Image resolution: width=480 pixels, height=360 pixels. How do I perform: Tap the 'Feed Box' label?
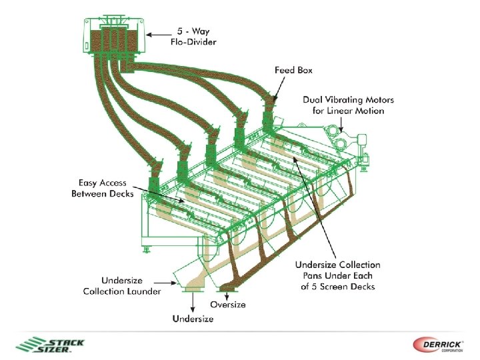[x=293, y=69]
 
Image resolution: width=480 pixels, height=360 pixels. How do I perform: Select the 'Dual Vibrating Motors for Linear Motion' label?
[x=349, y=105]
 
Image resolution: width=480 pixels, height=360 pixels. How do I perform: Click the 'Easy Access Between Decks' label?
[x=103, y=188]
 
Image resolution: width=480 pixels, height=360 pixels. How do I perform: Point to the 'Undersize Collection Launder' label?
[x=122, y=285]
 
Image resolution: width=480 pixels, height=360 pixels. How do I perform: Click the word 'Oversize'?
[x=228, y=305]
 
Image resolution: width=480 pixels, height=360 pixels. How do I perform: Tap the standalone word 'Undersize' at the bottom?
[x=193, y=319]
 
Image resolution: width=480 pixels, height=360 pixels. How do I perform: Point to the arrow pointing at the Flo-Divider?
[x=159, y=33]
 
